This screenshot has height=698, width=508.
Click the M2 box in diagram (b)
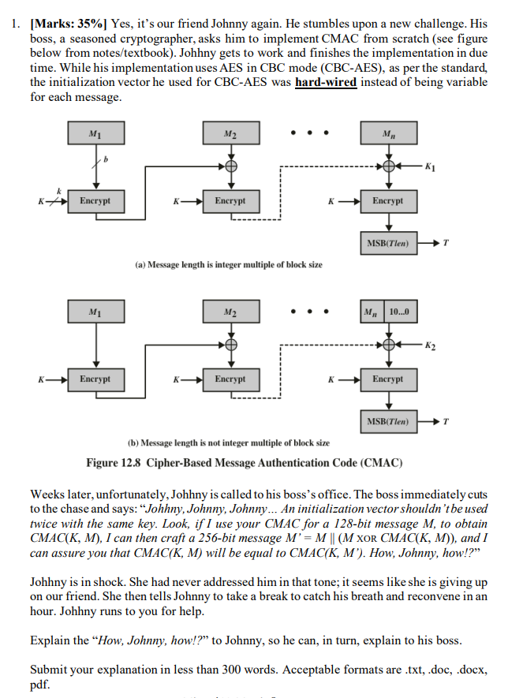click(x=230, y=312)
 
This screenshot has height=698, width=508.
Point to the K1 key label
click(x=429, y=167)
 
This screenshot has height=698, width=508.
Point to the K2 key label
click(x=429, y=345)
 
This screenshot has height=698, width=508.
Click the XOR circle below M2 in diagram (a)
click(x=230, y=167)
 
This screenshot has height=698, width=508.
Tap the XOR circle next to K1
click(x=387, y=167)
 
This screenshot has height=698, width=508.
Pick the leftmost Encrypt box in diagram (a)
click(x=95, y=201)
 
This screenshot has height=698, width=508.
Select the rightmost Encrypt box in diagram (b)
click(x=387, y=379)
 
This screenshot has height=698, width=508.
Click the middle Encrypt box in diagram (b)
click(x=230, y=379)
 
